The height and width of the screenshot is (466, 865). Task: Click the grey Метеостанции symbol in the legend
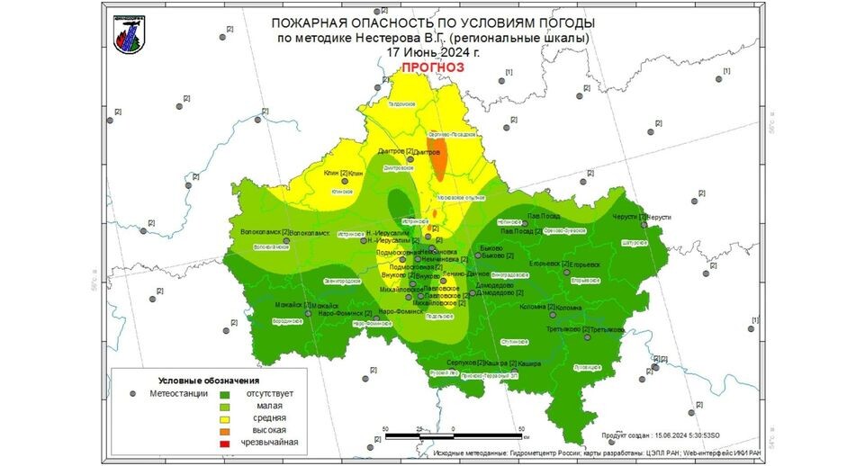132,393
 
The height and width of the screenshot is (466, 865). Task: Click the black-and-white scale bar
454,436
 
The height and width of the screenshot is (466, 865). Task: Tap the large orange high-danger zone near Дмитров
439,159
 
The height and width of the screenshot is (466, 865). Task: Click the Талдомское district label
401,105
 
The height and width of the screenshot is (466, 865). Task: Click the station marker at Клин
345,173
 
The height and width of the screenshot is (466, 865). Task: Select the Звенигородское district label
341,282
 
